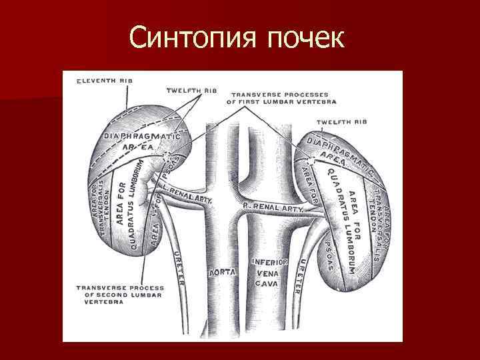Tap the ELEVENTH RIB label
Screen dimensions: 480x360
(x=105, y=80)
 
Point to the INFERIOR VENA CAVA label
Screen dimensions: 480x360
(x=269, y=272)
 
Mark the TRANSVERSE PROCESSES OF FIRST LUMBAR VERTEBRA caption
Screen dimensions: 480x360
(x=282, y=98)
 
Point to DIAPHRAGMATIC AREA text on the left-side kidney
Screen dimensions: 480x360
(x=133, y=141)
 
